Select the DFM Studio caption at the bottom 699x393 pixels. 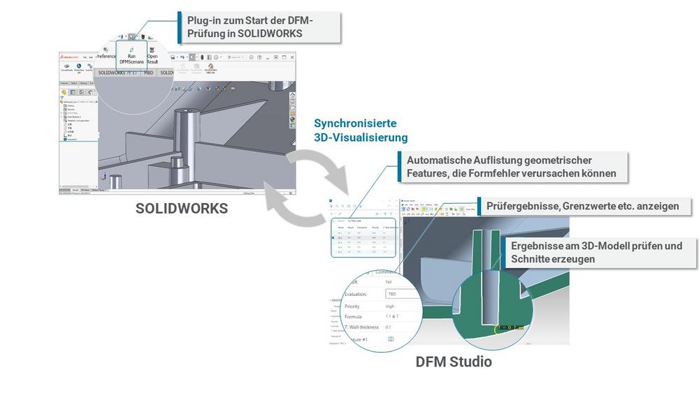click(454, 362)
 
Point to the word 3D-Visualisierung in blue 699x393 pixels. click(361, 138)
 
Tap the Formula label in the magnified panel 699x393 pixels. click(353, 316)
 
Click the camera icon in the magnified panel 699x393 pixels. click(390, 339)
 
